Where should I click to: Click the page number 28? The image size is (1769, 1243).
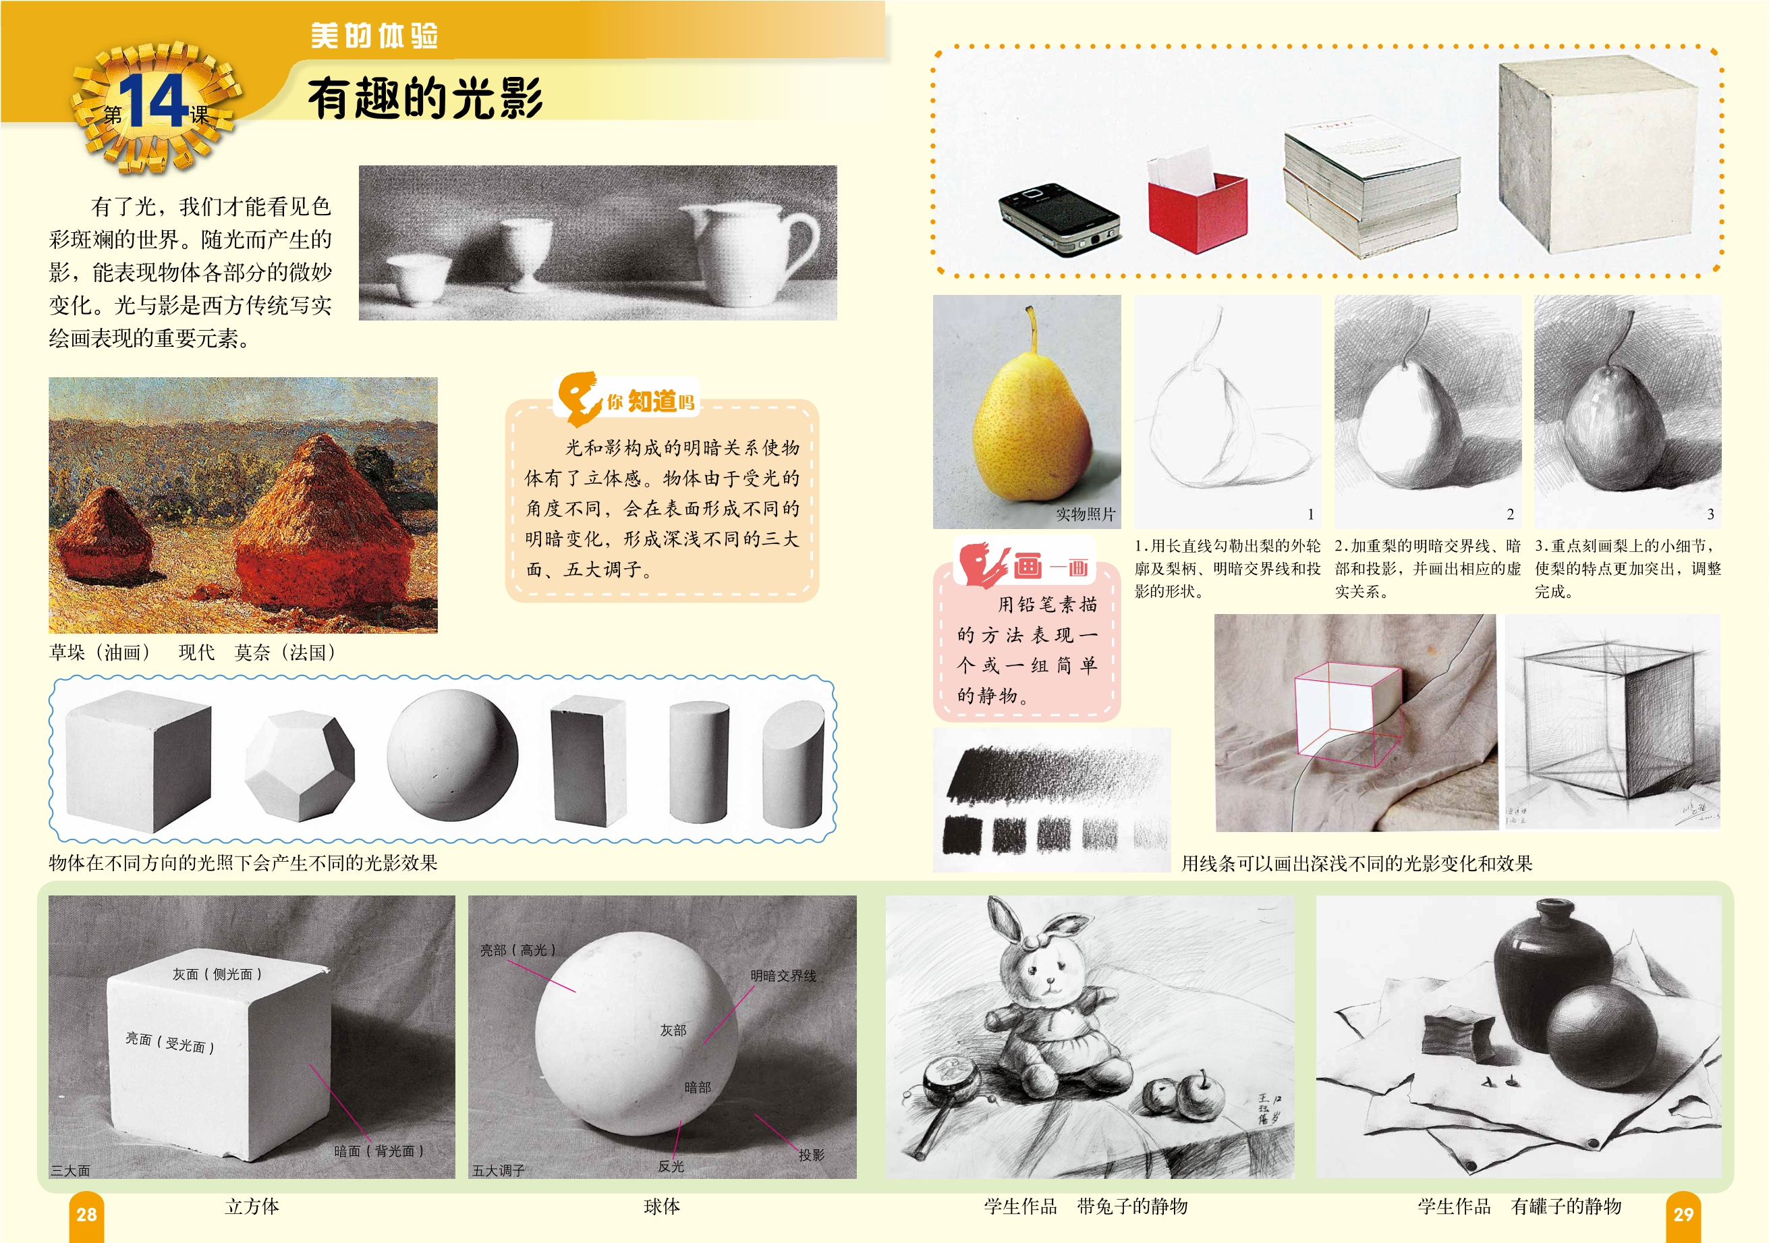click(86, 1215)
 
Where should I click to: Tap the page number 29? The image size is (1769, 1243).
click(1683, 1215)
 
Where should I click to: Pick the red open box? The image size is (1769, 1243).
click(1197, 210)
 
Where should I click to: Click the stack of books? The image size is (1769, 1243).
click(1371, 189)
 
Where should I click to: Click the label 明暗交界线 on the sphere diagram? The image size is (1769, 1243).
click(783, 976)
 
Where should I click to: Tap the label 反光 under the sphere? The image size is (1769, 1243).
click(671, 1166)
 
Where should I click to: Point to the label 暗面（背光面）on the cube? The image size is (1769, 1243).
click(379, 1151)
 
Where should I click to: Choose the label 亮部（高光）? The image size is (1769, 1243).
click(517, 950)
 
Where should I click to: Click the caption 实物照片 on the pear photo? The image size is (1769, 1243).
click(1086, 514)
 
